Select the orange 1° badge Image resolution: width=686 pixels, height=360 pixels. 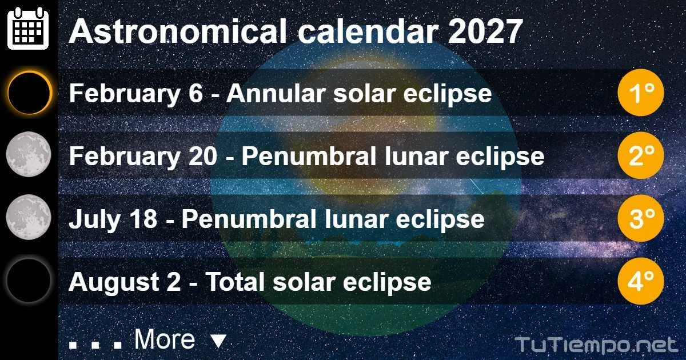[641, 93]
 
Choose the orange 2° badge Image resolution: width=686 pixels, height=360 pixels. [641, 155]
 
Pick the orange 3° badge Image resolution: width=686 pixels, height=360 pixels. [641, 218]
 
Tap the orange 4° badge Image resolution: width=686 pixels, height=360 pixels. [641, 281]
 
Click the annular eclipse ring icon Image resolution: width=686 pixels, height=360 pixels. [29, 93]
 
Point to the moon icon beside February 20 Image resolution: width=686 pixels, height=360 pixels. [29, 155]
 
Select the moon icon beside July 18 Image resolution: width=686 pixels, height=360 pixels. [29, 218]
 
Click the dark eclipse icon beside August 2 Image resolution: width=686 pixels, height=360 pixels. [29, 281]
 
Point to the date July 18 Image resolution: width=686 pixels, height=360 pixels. [113, 219]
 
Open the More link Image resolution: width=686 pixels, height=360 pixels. [165, 340]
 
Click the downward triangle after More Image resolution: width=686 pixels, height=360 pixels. [218, 342]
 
